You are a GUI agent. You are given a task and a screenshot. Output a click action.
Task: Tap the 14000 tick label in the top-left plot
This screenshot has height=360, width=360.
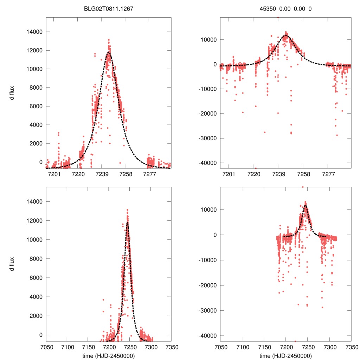[x=34, y=32]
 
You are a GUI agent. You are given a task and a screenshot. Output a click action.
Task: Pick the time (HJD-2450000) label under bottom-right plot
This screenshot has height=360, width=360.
[x=285, y=355]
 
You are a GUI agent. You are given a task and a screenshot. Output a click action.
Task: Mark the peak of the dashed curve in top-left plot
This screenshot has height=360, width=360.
[x=109, y=52]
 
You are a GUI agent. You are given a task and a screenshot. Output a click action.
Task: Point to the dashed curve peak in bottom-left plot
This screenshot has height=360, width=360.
[x=127, y=222]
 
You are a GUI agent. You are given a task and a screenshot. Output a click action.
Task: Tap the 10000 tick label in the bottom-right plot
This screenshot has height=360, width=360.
[x=208, y=210]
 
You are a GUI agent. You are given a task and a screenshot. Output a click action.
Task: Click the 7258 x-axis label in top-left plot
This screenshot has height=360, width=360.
[x=126, y=174]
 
